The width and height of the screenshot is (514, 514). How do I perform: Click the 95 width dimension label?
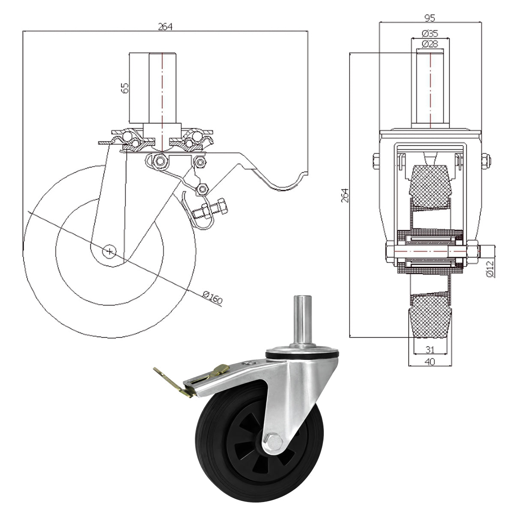[430, 18]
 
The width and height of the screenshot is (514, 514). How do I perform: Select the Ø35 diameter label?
[430, 33]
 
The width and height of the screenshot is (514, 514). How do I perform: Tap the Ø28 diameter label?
[430, 44]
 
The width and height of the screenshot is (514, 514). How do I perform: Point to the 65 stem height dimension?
[125, 88]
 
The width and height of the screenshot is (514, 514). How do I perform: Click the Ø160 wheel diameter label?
[212, 297]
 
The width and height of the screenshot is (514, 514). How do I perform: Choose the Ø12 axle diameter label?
[490, 269]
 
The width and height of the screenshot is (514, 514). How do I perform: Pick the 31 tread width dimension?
[430, 349]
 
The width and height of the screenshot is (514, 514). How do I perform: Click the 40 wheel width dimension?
[430, 362]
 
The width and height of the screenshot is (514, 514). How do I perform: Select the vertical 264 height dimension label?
[345, 195]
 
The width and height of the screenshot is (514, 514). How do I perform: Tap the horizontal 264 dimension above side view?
[165, 27]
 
